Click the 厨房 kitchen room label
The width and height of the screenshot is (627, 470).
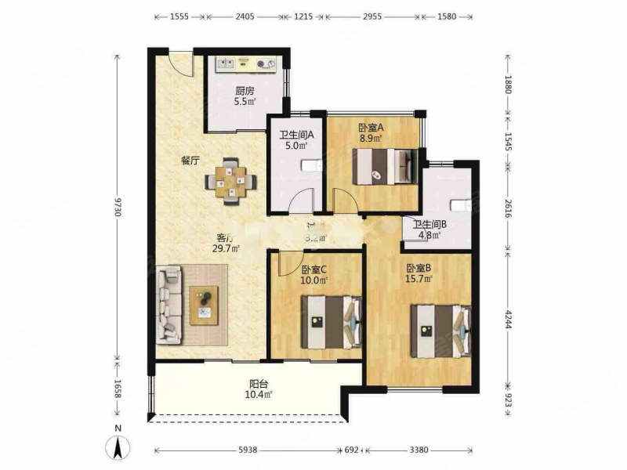pos(242,89)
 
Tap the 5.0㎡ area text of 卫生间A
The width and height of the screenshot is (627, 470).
pos(295,145)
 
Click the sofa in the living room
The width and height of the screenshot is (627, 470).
pos(170,305)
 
